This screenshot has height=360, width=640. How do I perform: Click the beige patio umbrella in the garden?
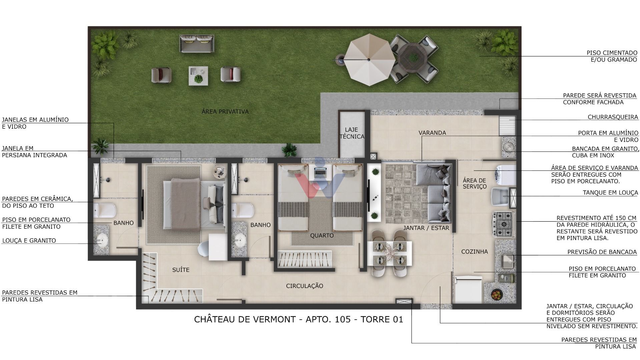369,60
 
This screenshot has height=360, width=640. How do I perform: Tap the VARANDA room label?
432,133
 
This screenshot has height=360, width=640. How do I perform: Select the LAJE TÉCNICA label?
352,133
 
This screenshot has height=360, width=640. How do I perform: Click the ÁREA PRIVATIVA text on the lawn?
225,112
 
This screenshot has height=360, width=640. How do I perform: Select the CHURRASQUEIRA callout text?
613,117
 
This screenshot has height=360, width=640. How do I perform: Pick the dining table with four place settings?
389,253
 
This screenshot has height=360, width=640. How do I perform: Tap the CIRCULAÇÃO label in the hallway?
304,286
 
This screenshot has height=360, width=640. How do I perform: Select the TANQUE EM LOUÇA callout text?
610,193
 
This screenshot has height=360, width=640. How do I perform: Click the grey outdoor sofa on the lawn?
197,44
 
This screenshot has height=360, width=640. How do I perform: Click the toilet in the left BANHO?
104,209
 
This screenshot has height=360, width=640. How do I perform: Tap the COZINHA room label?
474,252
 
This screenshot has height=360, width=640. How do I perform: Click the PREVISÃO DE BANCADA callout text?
602,252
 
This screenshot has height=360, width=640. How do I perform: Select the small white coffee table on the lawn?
198,76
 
